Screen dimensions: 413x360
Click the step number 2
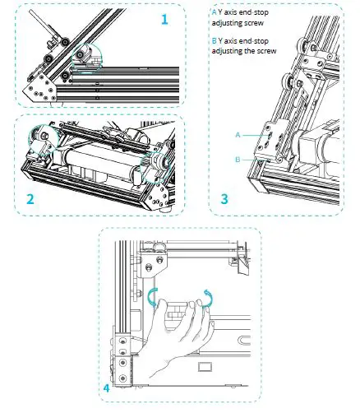(x=30, y=198)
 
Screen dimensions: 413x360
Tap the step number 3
(x=224, y=198)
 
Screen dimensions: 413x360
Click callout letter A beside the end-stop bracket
(x=238, y=132)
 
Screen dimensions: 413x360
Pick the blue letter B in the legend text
(x=215, y=41)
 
